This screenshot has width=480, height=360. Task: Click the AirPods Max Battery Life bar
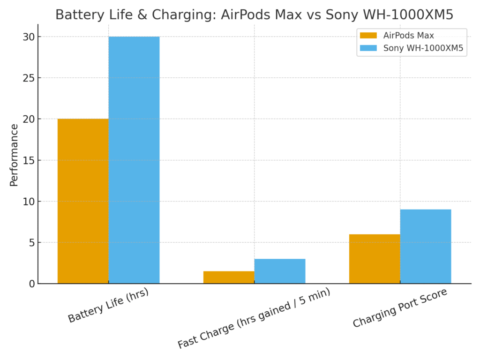click(83, 201)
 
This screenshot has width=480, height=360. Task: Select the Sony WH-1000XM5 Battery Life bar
click(134, 160)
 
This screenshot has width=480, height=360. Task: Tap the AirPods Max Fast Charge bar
click(229, 277)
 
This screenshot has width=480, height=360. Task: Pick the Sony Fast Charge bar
click(280, 271)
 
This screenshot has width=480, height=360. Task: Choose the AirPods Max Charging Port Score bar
click(375, 259)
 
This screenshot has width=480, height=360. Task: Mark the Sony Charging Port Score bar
click(426, 246)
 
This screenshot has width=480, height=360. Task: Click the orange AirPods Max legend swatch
click(368, 36)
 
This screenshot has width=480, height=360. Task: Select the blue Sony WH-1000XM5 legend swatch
click(368, 48)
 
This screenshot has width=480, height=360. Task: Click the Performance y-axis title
click(14, 155)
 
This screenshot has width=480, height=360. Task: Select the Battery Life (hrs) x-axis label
click(108, 305)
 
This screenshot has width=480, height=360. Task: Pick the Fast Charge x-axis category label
click(254, 318)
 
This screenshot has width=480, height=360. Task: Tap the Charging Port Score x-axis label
click(400, 308)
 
